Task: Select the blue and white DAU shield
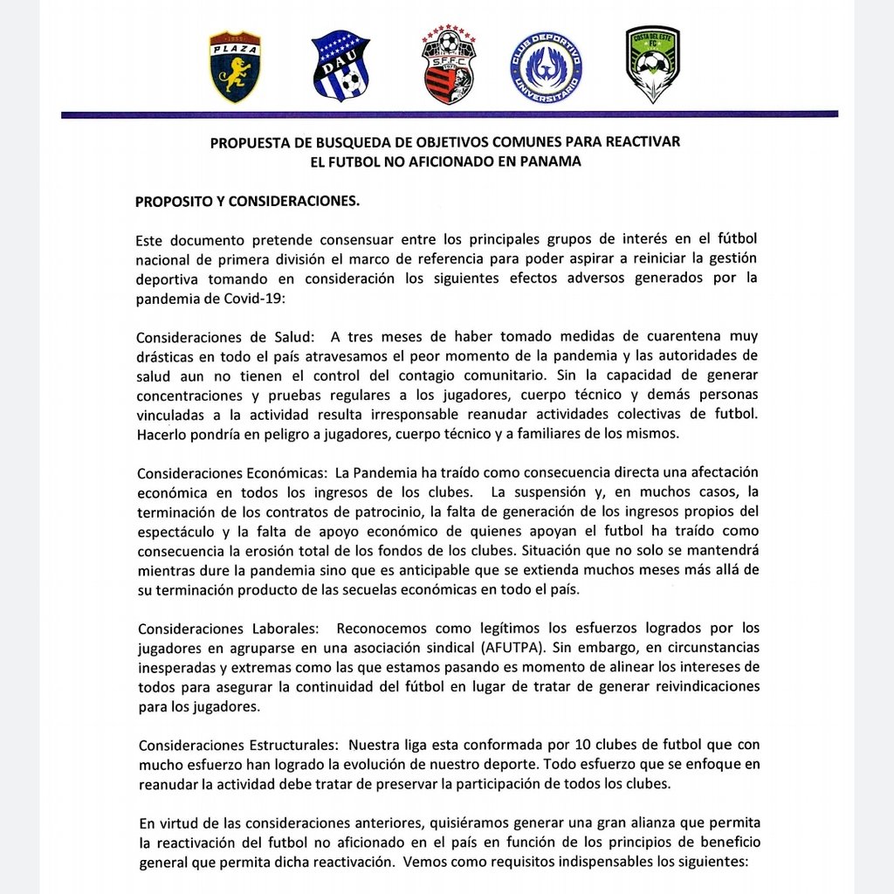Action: (340, 67)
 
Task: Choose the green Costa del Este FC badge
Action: (652, 64)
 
